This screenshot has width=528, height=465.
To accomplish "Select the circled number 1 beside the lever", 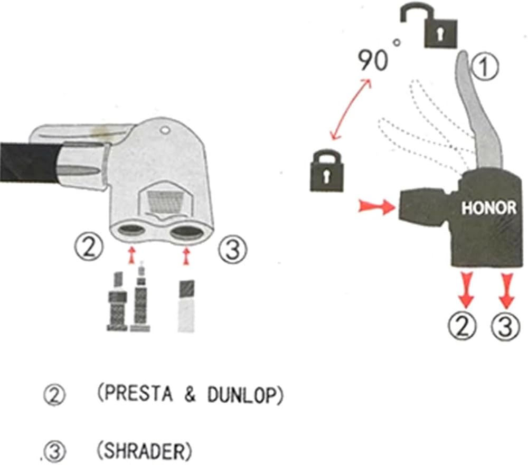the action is click(484, 67).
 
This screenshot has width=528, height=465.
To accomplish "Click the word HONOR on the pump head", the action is click(488, 208).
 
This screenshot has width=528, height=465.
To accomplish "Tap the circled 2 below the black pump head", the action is click(463, 326).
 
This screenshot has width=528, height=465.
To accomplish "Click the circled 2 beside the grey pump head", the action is click(88, 247).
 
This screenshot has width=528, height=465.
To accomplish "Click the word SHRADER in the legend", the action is click(144, 451).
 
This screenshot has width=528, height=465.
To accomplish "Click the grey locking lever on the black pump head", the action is click(481, 111).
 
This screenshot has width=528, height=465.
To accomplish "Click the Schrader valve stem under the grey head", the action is click(186, 306).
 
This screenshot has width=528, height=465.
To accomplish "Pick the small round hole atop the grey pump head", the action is click(165, 129).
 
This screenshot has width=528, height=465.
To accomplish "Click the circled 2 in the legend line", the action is click(54, 396).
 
